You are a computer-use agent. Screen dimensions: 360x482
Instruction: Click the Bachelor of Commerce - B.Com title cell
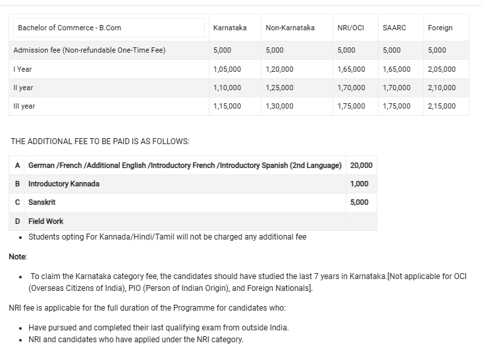click(x=70, y=28)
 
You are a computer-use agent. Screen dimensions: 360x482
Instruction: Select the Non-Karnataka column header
click(x=290, y=28)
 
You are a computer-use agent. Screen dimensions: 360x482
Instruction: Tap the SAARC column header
click(x=394, y=28)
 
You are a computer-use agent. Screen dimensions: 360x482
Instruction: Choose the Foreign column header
click(x=440, y=28)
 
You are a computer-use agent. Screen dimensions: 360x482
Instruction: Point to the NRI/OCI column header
click(x=350, y=28)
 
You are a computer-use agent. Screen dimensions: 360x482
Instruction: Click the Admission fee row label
click(x=90, y=50)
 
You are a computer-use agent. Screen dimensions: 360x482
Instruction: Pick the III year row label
click(x=24, y=106)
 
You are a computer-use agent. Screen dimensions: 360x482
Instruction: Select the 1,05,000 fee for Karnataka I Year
click(x=227, y=69)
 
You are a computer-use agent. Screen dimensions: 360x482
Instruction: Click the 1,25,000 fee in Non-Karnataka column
click(x=279, y=88)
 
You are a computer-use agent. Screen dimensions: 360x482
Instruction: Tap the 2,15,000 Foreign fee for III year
click(x=441, y=106)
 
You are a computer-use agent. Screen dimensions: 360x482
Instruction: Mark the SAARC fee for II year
click(x=396, y=88)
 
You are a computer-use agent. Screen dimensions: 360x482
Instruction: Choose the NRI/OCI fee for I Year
click(x=351, y=69)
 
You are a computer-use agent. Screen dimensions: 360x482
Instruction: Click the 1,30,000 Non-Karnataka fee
click(x=279, y=106)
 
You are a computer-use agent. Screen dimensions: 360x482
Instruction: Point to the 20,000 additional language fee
click(x=361, y=165)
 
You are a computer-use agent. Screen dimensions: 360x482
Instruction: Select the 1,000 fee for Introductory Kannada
click(x=360, y=184)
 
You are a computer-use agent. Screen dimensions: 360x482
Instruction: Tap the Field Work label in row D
click(x=46, y=221)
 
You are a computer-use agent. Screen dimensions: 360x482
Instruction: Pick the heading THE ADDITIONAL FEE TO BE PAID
click(x=101, y=141)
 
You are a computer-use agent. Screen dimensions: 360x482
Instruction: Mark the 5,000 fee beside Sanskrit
click(x=360, y=202)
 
